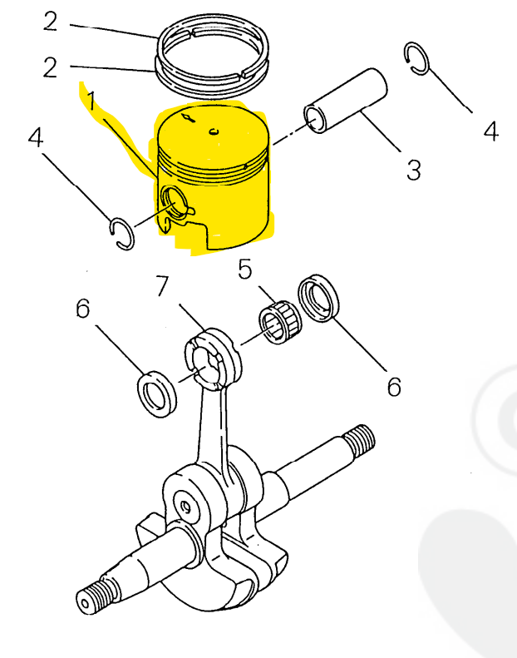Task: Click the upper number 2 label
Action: (51, 22)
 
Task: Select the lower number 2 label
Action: (51, 66)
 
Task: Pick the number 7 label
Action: (161, 286)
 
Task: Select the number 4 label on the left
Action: (35, 137)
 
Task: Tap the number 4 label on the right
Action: (490, 131)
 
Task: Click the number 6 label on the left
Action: (82, 309)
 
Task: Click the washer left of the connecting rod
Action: (155, 393)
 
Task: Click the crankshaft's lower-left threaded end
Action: (93, 599)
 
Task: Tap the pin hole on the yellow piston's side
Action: (176, 200)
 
